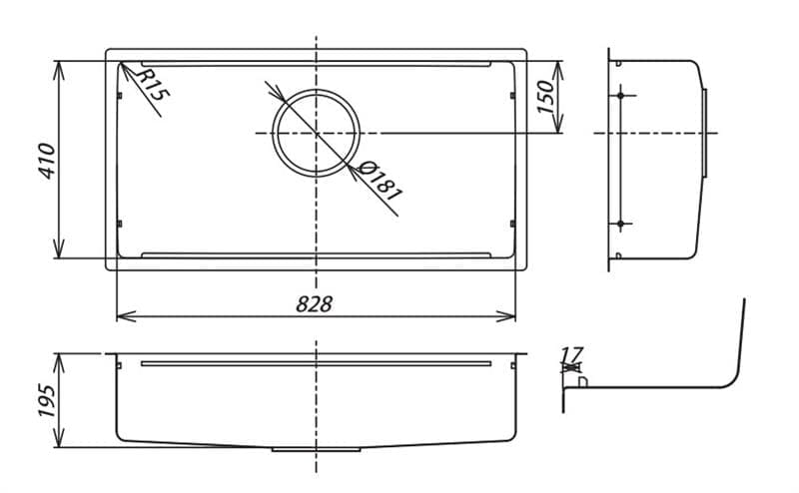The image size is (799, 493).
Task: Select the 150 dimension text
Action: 546,97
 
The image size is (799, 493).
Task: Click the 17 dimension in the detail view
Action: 571,353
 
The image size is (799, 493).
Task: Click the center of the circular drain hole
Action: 317,133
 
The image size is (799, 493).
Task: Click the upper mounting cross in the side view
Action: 621,96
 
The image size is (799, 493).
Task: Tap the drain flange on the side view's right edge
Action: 706,133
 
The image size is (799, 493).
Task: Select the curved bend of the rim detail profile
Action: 735,378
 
